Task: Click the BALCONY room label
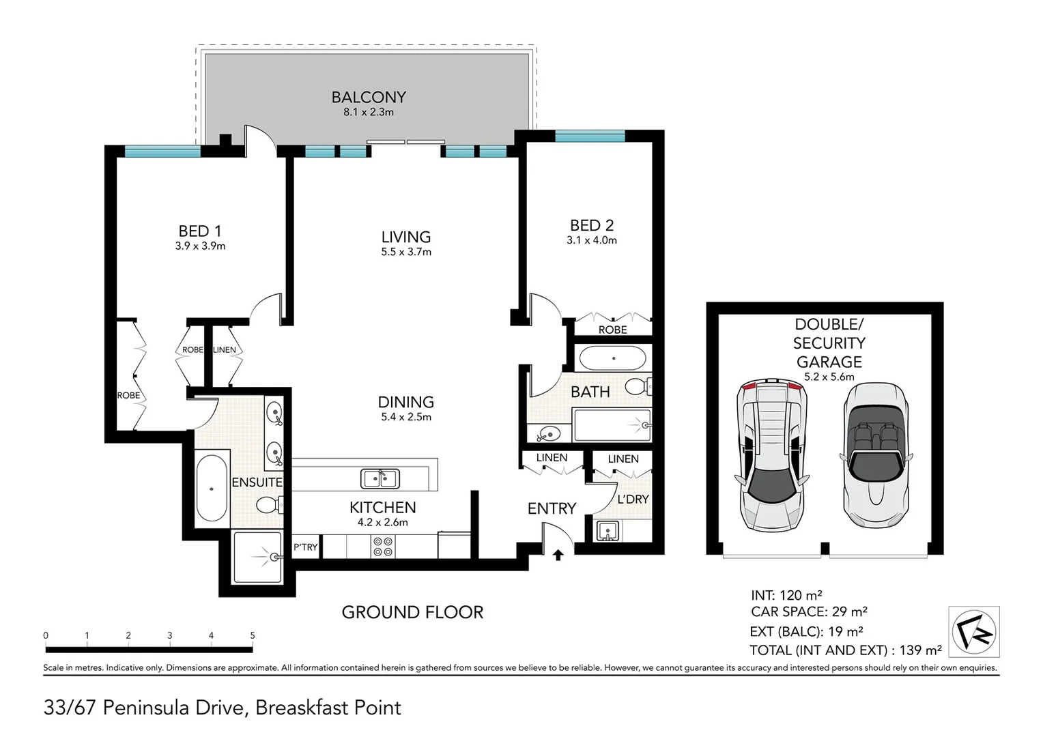tap(369, 98)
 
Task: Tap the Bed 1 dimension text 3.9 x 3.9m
tap(200, 246)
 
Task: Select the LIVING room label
tap(405, 237)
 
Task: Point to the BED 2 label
tap(591, 225)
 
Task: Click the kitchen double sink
tap(380, 479)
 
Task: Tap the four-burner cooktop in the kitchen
tap(382, 547)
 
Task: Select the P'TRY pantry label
tap(305, 547)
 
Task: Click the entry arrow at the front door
tap(558, 555)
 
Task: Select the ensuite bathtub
tap(212, 489)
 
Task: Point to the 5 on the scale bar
tap(253, 635)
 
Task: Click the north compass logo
tap(974, 631)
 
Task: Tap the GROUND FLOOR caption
tap(412, 612)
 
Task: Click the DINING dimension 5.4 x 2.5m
tap(405, 417)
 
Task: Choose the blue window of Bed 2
tap(590, 137)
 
